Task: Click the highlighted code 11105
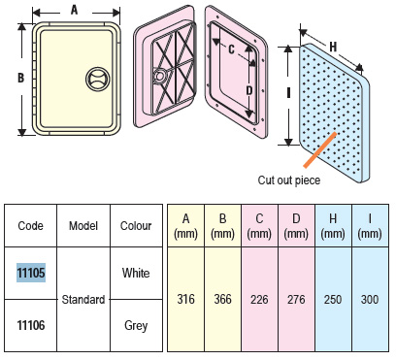tap(31, 273)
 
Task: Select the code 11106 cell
tap(31, 325)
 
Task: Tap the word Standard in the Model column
tap(83, 300)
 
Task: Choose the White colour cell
tap(136, 273)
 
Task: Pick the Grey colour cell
tap(136, 325)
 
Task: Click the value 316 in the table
tap(185, 299)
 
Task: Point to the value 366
tap(222, 299)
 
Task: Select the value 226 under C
tap(259, 299)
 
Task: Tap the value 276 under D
tap(296, 299)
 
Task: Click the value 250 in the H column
tap(333, 299)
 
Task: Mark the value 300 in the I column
tap(370, 299)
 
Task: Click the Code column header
tap(30, 226)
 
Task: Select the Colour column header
tap(136, 226)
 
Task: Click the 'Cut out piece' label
tap(289, 180)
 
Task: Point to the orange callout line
tap(320, 149)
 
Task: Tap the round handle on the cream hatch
tap(98, 79)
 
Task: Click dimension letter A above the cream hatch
tap(75, 10)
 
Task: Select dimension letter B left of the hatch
tap(20, 78)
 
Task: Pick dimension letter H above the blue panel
tap(333, 48)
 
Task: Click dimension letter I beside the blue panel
tap(288, 93)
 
